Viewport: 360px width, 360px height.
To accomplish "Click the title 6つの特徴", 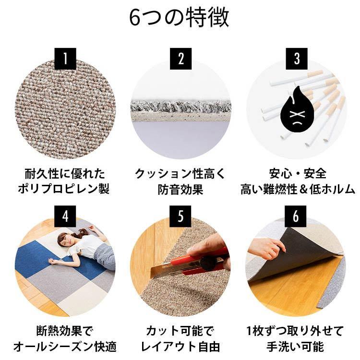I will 180,18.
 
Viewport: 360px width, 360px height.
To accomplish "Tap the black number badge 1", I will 65,59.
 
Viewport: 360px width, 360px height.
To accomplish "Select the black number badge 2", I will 180,59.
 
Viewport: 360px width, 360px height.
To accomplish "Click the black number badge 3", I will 296,59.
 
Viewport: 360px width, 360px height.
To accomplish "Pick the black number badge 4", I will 65,216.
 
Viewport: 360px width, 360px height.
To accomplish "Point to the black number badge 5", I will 180,216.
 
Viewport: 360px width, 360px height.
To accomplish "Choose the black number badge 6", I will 296,216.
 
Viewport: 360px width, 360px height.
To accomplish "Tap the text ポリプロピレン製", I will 64,189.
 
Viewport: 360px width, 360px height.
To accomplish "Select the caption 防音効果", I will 180,189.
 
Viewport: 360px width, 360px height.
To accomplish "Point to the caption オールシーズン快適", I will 64,346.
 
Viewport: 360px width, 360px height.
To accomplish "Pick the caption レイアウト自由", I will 180,346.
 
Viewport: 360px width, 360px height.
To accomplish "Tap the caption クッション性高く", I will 180,173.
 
